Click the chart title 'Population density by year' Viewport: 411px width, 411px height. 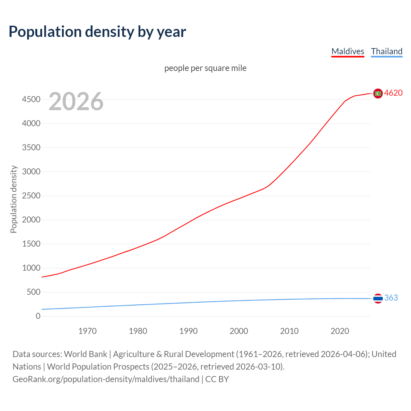point(97,31)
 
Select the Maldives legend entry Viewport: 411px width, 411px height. point(348,51)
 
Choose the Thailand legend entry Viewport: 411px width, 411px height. point(387,51)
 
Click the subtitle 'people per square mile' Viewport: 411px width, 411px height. point(205,68)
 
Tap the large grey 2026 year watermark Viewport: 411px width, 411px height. point(76,101)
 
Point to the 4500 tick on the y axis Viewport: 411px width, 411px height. point(31,100)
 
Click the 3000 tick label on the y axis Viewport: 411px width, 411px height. point(31,172)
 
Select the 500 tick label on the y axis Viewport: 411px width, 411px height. point(33,292)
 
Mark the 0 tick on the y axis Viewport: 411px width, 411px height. point(38,316)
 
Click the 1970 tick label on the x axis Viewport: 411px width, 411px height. point(87,331)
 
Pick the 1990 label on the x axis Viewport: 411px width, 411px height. point(188,331)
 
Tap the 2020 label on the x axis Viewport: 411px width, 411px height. point(340,331)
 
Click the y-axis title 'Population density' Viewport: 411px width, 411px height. point(13,199)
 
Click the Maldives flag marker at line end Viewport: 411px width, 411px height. point(378,93)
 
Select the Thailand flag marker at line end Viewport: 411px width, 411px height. point(378,298)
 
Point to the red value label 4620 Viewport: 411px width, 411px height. point(393,93)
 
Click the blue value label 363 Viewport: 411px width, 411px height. point(391,298)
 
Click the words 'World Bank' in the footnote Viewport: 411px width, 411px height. point(85,354)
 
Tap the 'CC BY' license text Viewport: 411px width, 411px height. point(217,379)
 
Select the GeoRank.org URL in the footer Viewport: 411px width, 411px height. point(106,379)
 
